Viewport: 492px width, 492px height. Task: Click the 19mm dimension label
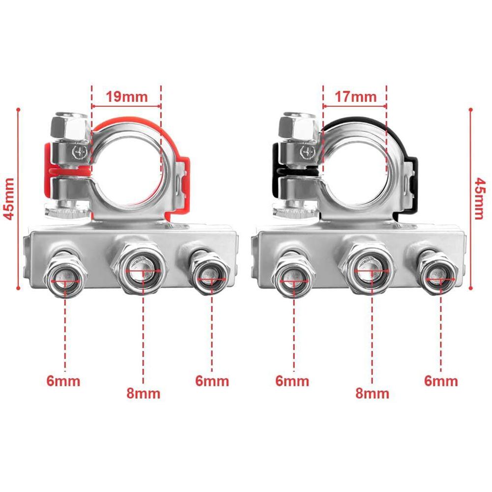point(127,96)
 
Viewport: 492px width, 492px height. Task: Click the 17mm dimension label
point(355,96)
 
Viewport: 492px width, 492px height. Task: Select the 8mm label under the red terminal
point(143,393)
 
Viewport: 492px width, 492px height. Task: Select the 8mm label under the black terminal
point(372,393)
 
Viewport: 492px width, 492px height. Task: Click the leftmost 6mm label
point(63,380)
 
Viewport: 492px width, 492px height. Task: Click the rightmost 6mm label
point(441,380)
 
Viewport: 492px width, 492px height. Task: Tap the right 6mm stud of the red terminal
point(211,278)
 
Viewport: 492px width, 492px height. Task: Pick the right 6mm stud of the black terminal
point(439,278)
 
